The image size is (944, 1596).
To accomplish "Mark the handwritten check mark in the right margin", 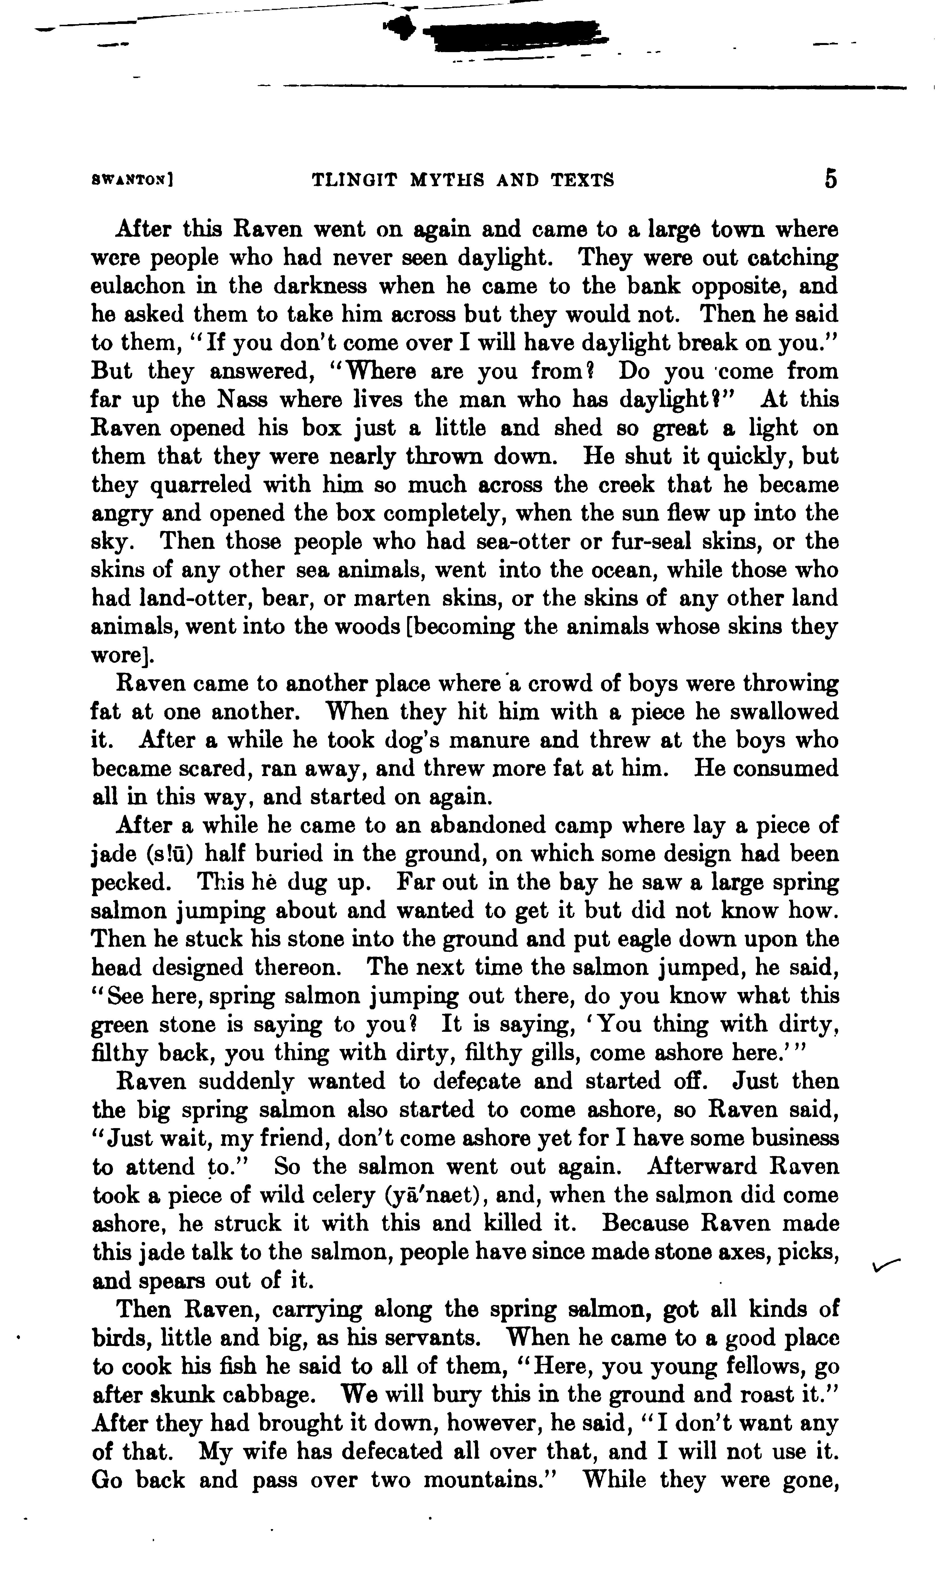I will [x=886, y=1267].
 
